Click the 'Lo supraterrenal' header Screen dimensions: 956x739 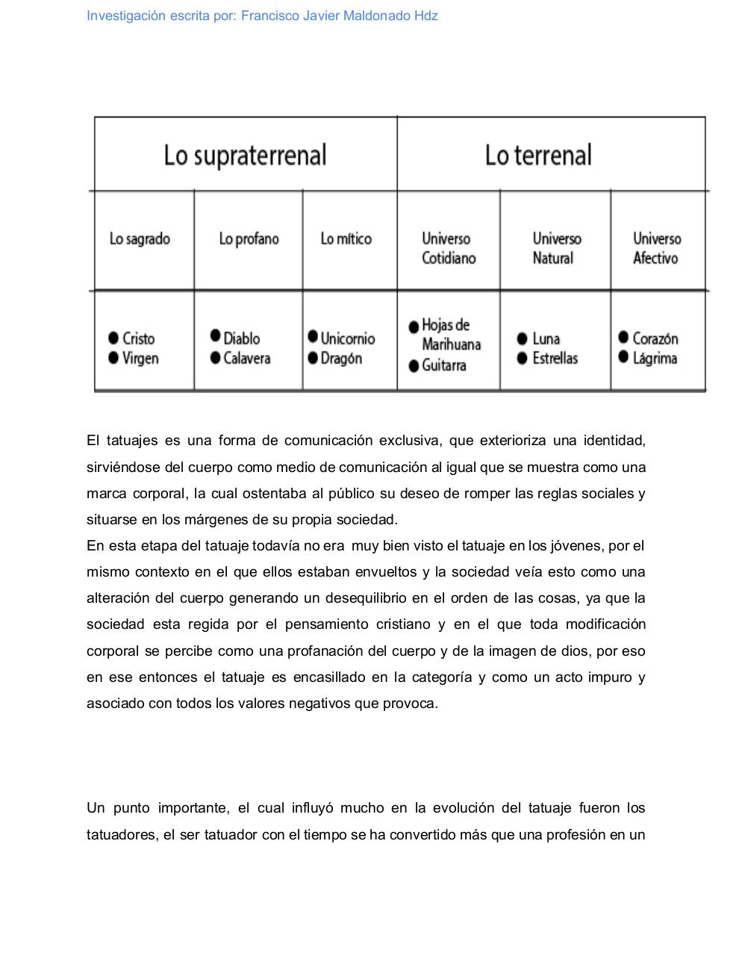point(245,155)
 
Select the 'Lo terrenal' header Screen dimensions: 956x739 point(538,155)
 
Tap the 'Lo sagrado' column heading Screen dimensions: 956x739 point(140,239)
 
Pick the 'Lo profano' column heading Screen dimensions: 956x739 point(249,239)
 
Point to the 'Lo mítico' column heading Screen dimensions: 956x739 point(346,239)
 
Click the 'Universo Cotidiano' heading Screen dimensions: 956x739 point(448,248)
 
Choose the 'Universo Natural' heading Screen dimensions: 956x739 point(556,248)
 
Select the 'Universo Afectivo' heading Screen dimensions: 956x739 point(657,248)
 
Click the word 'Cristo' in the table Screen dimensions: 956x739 point(139,338)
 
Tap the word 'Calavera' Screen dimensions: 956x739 point(246,358)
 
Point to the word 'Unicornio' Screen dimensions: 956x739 point(348,338)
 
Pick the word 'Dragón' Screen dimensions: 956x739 point(341,358)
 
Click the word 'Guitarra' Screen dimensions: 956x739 point(444,365)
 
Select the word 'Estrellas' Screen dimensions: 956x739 point(555,358)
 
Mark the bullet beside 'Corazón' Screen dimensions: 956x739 point(623,338)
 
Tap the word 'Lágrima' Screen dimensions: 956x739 point(655,358)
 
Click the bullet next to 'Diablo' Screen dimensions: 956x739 point(216,335)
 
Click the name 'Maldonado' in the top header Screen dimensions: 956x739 point(377,16)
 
